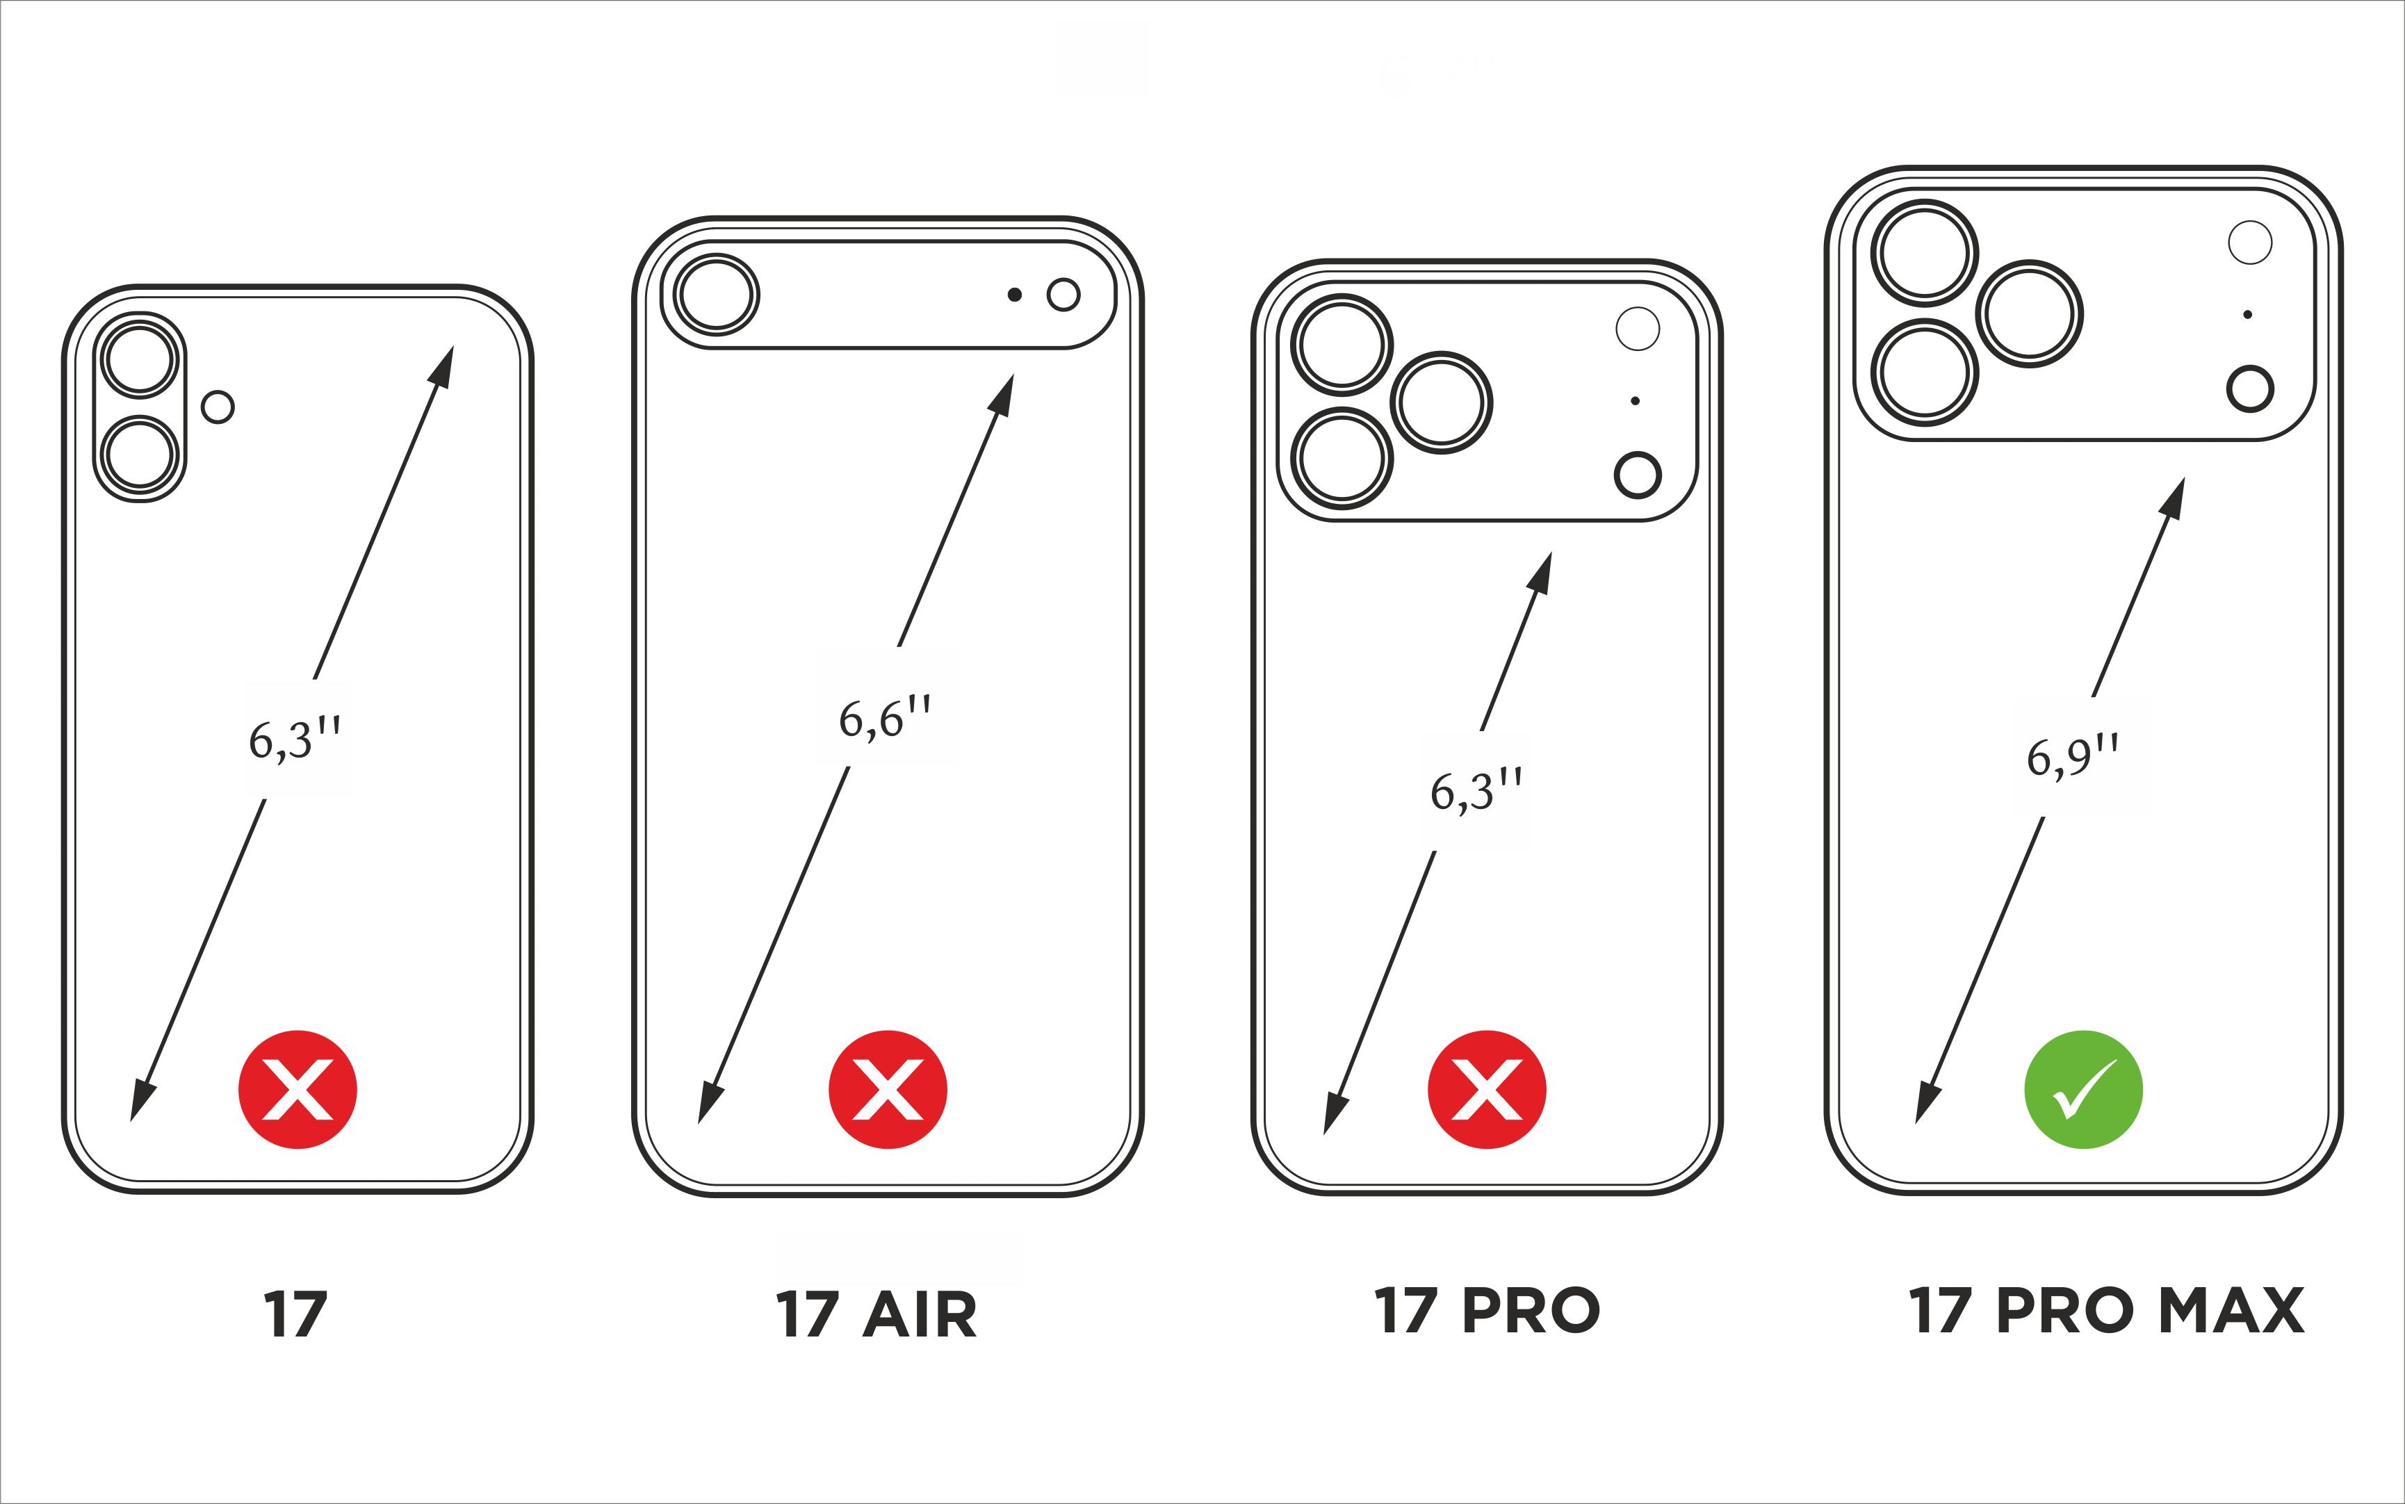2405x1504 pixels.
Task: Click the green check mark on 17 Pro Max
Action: pyautogui.click(x=2082, y=1089)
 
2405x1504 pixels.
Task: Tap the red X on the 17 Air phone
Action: pyautogui.click(x=887, y=1089)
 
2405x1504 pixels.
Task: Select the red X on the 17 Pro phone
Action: pyautogui.click(x=1486, y=1089)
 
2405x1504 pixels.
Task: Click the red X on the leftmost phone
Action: pyautogui.click(x=297, y=1089)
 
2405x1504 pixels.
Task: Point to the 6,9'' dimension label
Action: pyautogui.click(x=2072, y=757)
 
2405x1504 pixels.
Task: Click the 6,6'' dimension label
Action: pyautogui.click(x=884, y=717)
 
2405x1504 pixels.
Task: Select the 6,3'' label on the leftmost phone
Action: pyautogui.click(x=295, y=739)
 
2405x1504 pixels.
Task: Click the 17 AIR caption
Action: pyautogui.click(x=875, y=1315)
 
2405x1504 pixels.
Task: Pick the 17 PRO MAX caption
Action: pyautogui.click(x=2105, y=1310)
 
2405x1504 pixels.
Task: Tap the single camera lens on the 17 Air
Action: pyautogui.click(x=716, y=295)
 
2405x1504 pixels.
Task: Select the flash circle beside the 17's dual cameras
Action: pyautogui.click(x=218, y=407)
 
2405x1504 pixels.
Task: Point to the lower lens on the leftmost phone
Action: pyautogui.click(x=140, y=455)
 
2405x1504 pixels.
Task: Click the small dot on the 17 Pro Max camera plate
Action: pyautogui.click(x=2248, y=314)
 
